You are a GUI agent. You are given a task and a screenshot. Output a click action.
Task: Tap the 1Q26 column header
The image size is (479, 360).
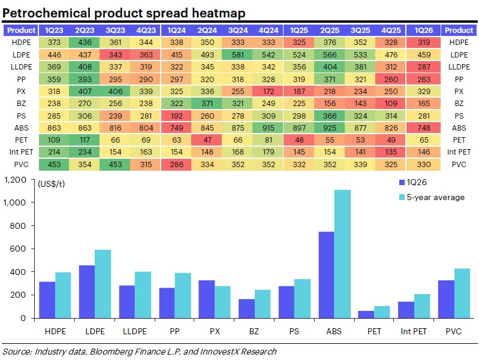[x=422, y=30]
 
